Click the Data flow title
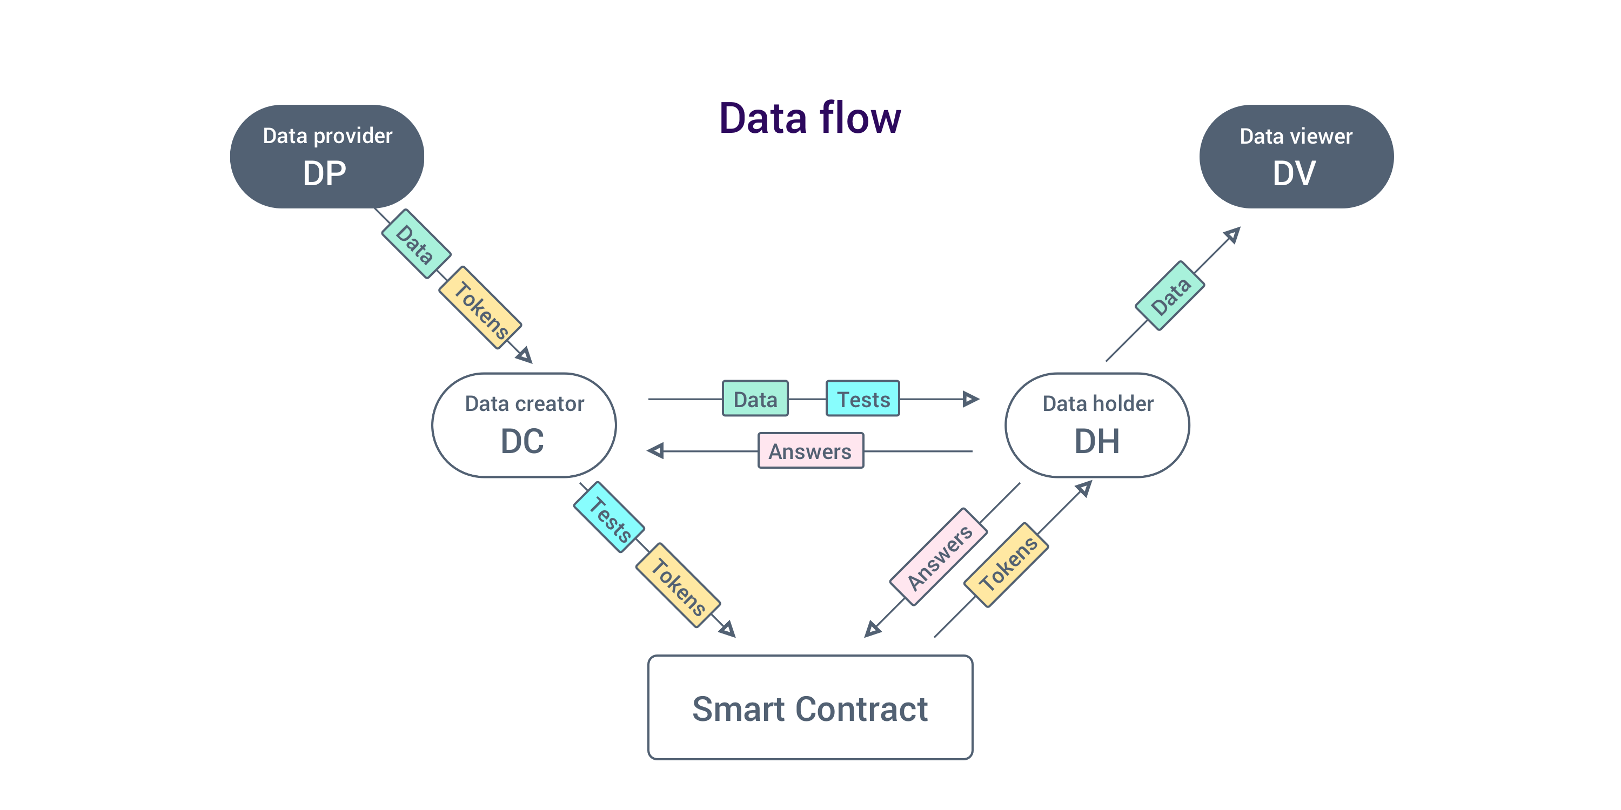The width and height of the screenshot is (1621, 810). point(809,118)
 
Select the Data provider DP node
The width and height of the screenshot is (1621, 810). point(326,157)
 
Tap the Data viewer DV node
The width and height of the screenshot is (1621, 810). point(1296,157)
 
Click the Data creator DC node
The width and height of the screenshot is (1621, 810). point(524,425)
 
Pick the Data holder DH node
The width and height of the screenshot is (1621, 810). point(1097,425)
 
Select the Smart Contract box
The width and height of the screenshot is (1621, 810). point(810,707)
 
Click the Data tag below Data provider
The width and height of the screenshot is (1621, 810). point(416,244)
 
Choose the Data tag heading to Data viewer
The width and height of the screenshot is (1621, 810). point(1169,295)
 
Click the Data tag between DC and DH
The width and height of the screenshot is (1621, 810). point(755,399)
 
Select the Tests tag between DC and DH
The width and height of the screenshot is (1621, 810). point(863,399)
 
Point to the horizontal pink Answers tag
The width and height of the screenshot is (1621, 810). point(810,451)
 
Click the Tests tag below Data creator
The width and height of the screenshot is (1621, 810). point(608,517)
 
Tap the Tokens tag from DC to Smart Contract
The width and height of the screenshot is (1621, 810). point(678,585)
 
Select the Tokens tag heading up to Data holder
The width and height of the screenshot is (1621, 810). point(1006,565)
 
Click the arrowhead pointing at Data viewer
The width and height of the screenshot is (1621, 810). point(1233,234)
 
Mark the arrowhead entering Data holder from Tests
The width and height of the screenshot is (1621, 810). point(971,399)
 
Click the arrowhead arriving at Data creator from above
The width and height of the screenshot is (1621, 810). point(525,355)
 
